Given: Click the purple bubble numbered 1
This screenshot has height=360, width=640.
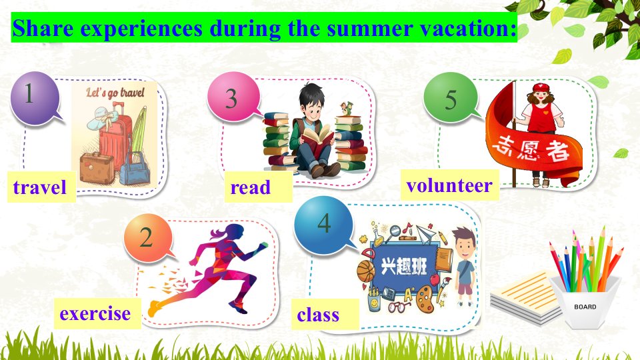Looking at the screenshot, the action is (x=35, y=97).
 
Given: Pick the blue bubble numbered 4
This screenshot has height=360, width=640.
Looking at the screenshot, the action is (x=324, y=225).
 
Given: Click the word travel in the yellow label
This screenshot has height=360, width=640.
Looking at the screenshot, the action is (x=39, y=187).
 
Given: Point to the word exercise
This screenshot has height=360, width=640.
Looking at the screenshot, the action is (x=95, y=313).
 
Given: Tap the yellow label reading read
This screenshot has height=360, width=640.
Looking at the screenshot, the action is (x=258, y=187).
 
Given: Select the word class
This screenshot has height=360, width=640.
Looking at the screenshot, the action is (x=318, y=315).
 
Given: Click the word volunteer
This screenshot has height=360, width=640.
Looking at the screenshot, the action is (x=449, y=185).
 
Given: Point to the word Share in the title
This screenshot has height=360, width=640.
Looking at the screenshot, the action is (x=43, y=28).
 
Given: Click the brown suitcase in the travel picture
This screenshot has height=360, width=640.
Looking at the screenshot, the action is (x=97, y=168).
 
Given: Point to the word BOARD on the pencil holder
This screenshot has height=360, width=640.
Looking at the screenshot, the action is (x=585, y=307).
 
